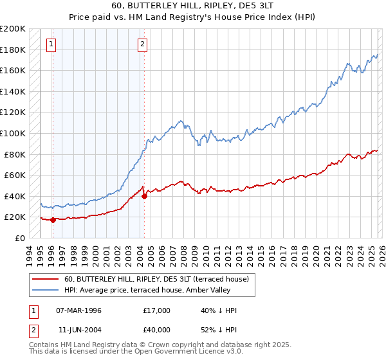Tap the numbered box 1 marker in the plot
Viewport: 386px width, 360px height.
[51, 44]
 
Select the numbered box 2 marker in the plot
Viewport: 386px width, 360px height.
[142, 44]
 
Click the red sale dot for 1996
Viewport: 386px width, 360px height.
[53, 220]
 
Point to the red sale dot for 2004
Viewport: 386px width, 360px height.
[144, 196]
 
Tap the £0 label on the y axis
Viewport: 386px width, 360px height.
[20, 238]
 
